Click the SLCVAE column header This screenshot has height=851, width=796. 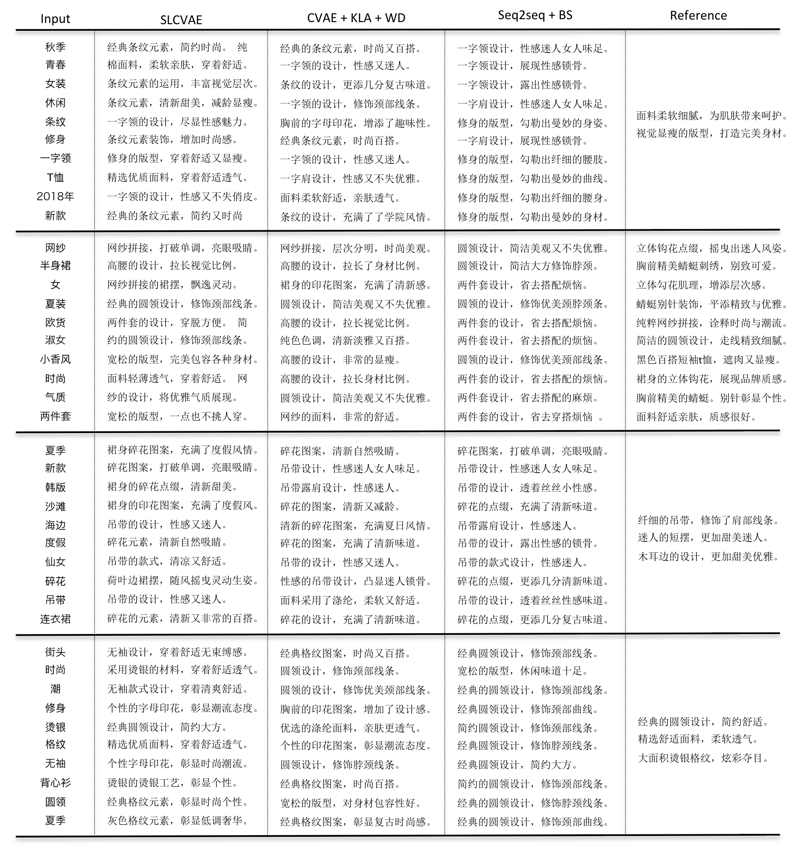(181, 20)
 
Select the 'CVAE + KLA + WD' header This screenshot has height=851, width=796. (356, 18)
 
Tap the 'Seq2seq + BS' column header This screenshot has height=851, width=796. (535, 15)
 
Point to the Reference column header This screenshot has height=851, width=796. (698, 15)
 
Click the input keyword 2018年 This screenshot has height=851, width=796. (55, 196)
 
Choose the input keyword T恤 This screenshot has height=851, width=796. (55, 177)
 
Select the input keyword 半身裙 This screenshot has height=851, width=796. (55, 265)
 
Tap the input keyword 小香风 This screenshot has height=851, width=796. (55, 359)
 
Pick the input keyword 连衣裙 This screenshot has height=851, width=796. (55, 619)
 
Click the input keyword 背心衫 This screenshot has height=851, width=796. (55, 783)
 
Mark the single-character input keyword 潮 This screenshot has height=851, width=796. (55, 689)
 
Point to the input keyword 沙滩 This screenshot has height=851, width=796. (55, 506)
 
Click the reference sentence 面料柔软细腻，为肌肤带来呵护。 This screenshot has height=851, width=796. (712, 116)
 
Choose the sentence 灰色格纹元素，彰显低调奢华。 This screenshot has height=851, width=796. (178, 821)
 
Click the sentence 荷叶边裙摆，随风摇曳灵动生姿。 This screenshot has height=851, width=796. (183, 581)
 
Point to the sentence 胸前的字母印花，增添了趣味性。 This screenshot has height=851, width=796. (356, 123)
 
